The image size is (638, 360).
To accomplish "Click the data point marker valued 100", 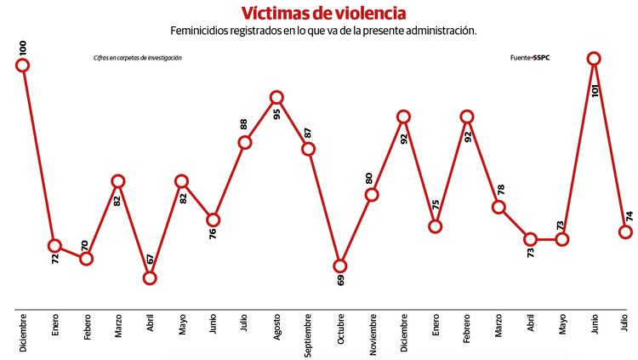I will (23, 65).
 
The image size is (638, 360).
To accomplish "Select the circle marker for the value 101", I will (594, 58).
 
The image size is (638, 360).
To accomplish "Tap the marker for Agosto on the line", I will (276, 98).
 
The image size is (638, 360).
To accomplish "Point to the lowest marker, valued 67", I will (150, 277).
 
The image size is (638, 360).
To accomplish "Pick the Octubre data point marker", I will (340, 266).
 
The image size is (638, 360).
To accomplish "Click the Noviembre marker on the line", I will (372, 195).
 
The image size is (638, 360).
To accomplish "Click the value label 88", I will (244, 124).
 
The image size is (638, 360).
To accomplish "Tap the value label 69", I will (341, 283).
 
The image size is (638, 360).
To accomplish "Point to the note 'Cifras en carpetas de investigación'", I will (138, 58).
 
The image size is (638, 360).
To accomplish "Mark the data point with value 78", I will (499, 207).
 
